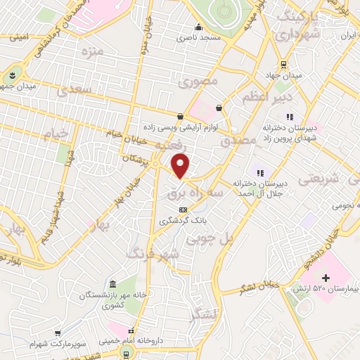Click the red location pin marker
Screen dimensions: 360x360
[x=181, y=166]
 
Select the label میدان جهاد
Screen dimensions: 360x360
[x=287, y=75]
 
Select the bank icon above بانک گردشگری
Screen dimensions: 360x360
[x=183, y=209]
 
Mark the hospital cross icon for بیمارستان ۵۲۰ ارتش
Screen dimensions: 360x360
[x=325, y=278]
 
